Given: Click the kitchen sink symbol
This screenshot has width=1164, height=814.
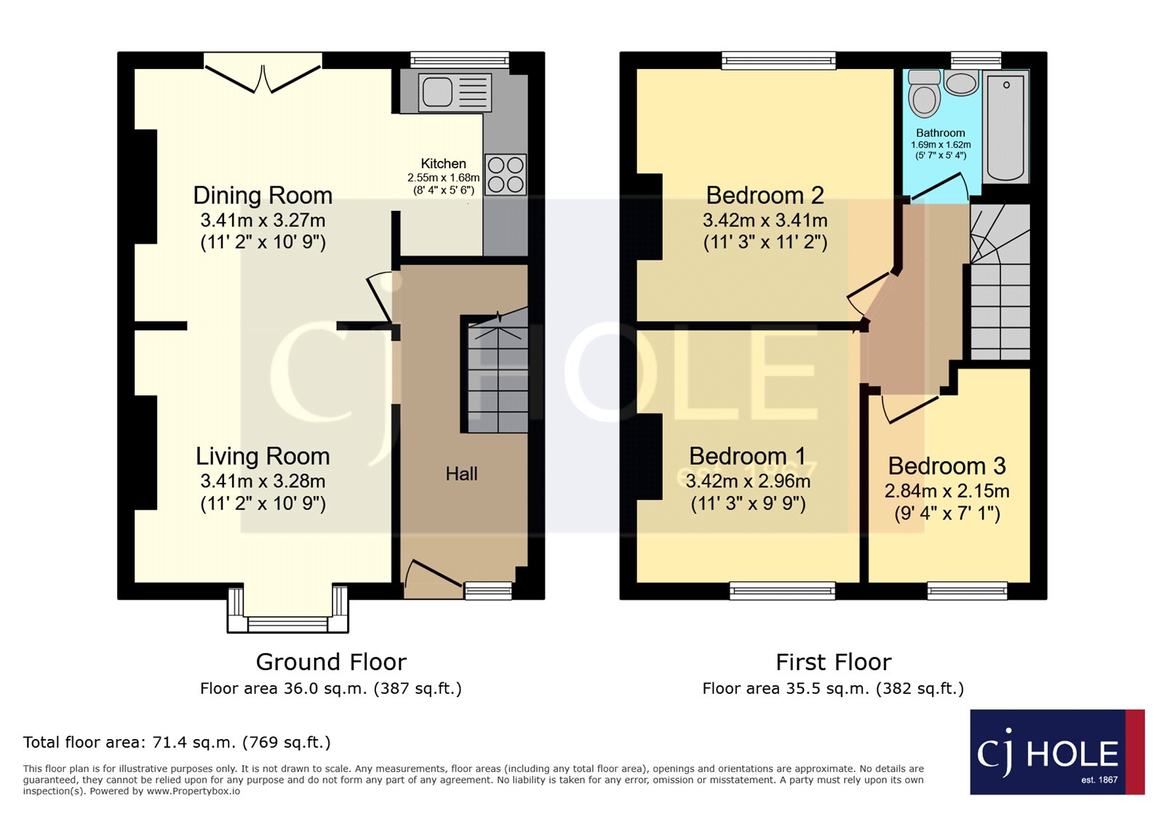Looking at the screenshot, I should click(455, 92).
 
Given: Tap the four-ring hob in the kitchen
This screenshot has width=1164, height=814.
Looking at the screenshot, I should click(506, 175).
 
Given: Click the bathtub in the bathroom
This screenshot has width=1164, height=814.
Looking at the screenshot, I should click(1005, 127).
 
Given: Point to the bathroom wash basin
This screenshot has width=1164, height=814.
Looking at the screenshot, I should click(961, 83).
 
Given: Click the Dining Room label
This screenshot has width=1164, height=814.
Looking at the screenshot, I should click(263, 196).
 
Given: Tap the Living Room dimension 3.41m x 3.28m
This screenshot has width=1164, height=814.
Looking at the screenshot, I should click(263, 482).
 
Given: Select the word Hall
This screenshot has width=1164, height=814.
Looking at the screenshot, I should click(461, 474).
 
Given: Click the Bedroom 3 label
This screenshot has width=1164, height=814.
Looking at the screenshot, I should click(946, 466).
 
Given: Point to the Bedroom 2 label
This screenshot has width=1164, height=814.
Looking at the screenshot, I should click(765, 196).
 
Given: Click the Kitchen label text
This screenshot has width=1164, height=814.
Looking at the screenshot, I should click(443, 164).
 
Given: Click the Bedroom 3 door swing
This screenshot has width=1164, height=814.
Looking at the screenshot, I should click(909, 409).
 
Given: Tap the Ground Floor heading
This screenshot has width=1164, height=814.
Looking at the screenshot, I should click(331, 662).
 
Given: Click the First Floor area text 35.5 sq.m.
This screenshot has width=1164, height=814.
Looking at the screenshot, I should click(833, 689).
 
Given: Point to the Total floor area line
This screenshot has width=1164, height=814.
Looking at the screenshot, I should click(177, 743).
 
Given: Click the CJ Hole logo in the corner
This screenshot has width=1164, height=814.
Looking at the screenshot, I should click(1056, 753).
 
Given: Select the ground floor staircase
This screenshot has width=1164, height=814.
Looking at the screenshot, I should click(498, 375).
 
